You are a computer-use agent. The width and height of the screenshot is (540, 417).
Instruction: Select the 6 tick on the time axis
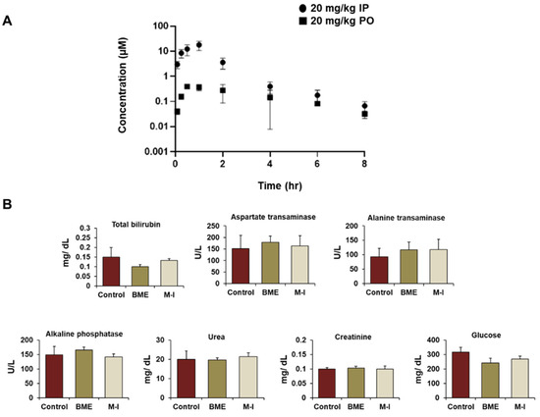pyautogui.click(x=317, y=164)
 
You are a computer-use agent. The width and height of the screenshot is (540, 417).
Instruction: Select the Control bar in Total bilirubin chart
pyautogui.click(x=112, y=270)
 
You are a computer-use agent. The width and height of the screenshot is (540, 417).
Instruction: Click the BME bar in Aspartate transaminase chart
pyautogui.click(x=269, y=262)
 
